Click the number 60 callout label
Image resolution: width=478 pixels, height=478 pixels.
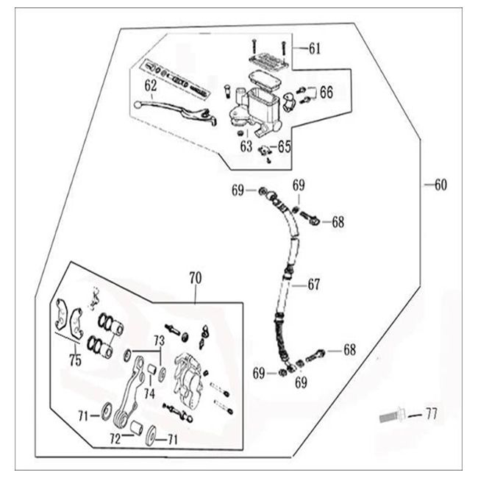[440, 185]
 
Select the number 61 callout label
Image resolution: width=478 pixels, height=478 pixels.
[314, 49]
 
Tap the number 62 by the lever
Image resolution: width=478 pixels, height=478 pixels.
[150, 86]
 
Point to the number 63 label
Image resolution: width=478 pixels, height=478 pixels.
[246, 146]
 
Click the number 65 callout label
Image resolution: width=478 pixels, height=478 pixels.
[284, 146]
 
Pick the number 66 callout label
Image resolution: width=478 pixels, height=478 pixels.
[326, 93]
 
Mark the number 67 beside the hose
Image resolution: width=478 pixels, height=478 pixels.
[314, 284]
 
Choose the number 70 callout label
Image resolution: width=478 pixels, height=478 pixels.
[195, 278]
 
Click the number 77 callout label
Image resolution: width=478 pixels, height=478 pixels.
[430, 415]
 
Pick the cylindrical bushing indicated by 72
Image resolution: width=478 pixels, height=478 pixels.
[137, 429]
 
